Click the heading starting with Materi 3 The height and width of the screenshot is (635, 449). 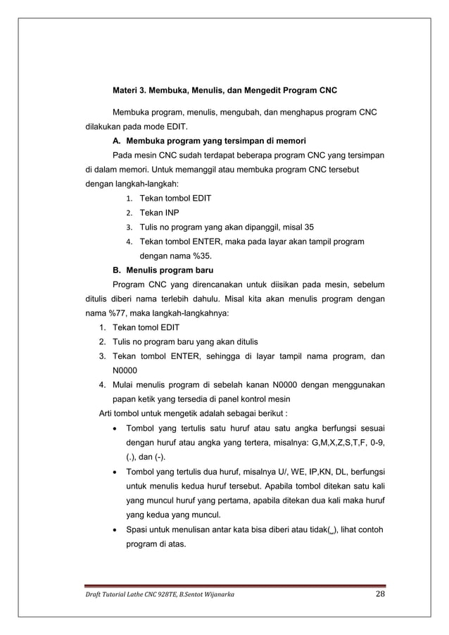(x=225, y=92)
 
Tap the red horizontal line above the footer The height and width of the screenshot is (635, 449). (x=232, y=586)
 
